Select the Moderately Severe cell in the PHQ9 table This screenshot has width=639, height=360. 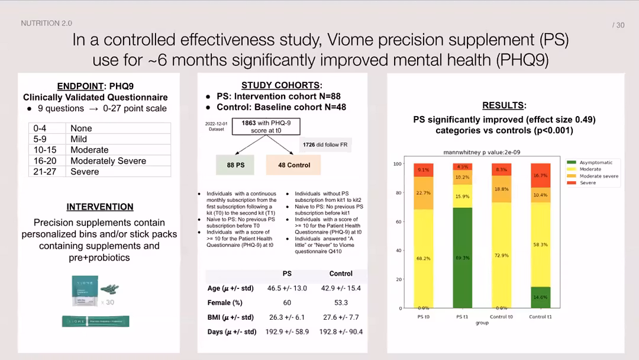[x=108, y=160]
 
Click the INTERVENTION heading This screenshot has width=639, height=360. [x=99, y=207]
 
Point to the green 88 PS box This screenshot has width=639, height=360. [x=235, y=165]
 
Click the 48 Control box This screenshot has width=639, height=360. [x=293, y=165]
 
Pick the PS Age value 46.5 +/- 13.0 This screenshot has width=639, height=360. [x=287, y=288]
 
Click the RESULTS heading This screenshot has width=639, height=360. [x=504, y=105]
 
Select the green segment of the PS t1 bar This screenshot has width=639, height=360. [x=463, y=258]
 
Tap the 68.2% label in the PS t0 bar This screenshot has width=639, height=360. [x=423, y=259]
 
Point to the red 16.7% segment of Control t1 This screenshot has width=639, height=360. [x=540, y=175]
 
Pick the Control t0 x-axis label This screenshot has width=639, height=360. [x=502, y=317]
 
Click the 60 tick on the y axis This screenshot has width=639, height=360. [x=398, y=221]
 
